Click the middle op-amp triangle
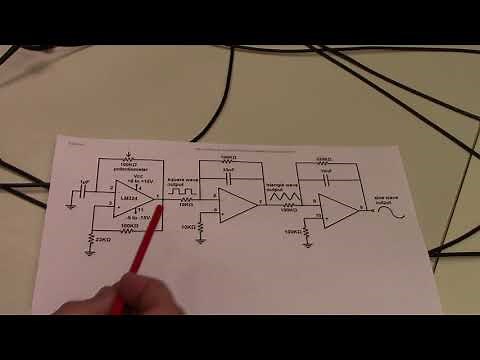click(236, 205)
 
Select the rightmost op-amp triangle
click(339, 209)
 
